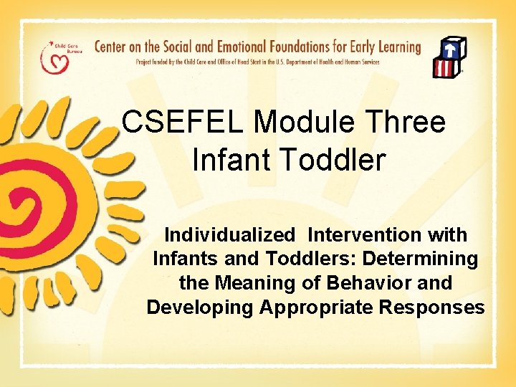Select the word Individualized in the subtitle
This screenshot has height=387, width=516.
pos(229,235)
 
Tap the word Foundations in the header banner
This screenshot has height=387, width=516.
pos(298,48)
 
